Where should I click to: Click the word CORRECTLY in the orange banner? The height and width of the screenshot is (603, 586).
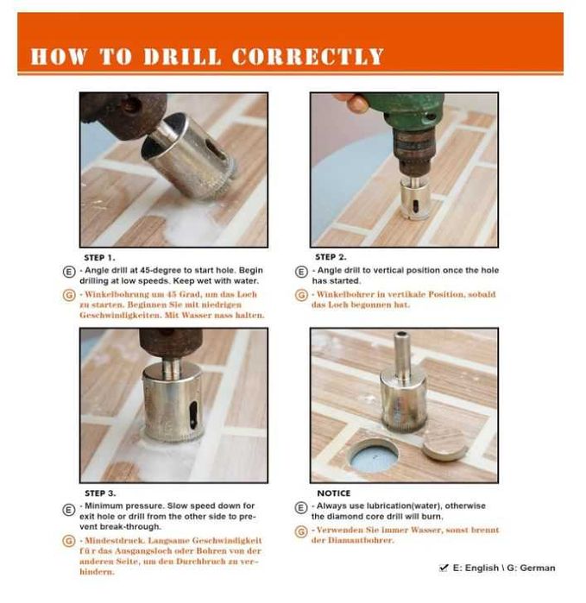click(307, 56)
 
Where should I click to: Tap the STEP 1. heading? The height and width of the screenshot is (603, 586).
click(99, 258)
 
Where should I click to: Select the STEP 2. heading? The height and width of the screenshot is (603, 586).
click(331, 257)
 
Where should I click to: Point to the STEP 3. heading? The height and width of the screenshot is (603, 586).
click(100, 493)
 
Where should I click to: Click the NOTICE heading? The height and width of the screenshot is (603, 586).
click(334, 493)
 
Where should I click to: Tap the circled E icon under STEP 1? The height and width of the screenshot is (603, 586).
click(69, 272)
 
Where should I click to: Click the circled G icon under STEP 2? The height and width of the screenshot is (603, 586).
click(301, 295)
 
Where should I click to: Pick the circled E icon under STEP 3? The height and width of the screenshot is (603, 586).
click(69, 510)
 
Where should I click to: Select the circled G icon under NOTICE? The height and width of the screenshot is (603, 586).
click(301, 532)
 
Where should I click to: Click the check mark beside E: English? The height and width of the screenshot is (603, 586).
click(444, 568)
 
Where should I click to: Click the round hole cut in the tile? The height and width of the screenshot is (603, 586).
click(374, 456)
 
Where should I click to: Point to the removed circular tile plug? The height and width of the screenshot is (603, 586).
click(444, 445)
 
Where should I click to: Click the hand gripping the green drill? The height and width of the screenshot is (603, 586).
click(352, 103)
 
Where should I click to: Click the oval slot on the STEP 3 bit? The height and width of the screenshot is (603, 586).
click(194, 415)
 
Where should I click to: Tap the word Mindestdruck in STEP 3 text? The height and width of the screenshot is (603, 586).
click(115, 541)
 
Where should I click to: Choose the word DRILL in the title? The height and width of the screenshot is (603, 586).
click(182, 56)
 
